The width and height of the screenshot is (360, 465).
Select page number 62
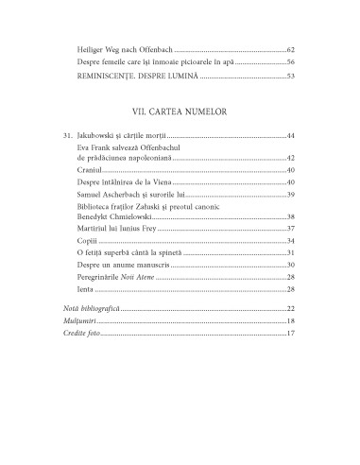coord(291,48)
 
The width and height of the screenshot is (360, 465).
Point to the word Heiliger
coord(94,48)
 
